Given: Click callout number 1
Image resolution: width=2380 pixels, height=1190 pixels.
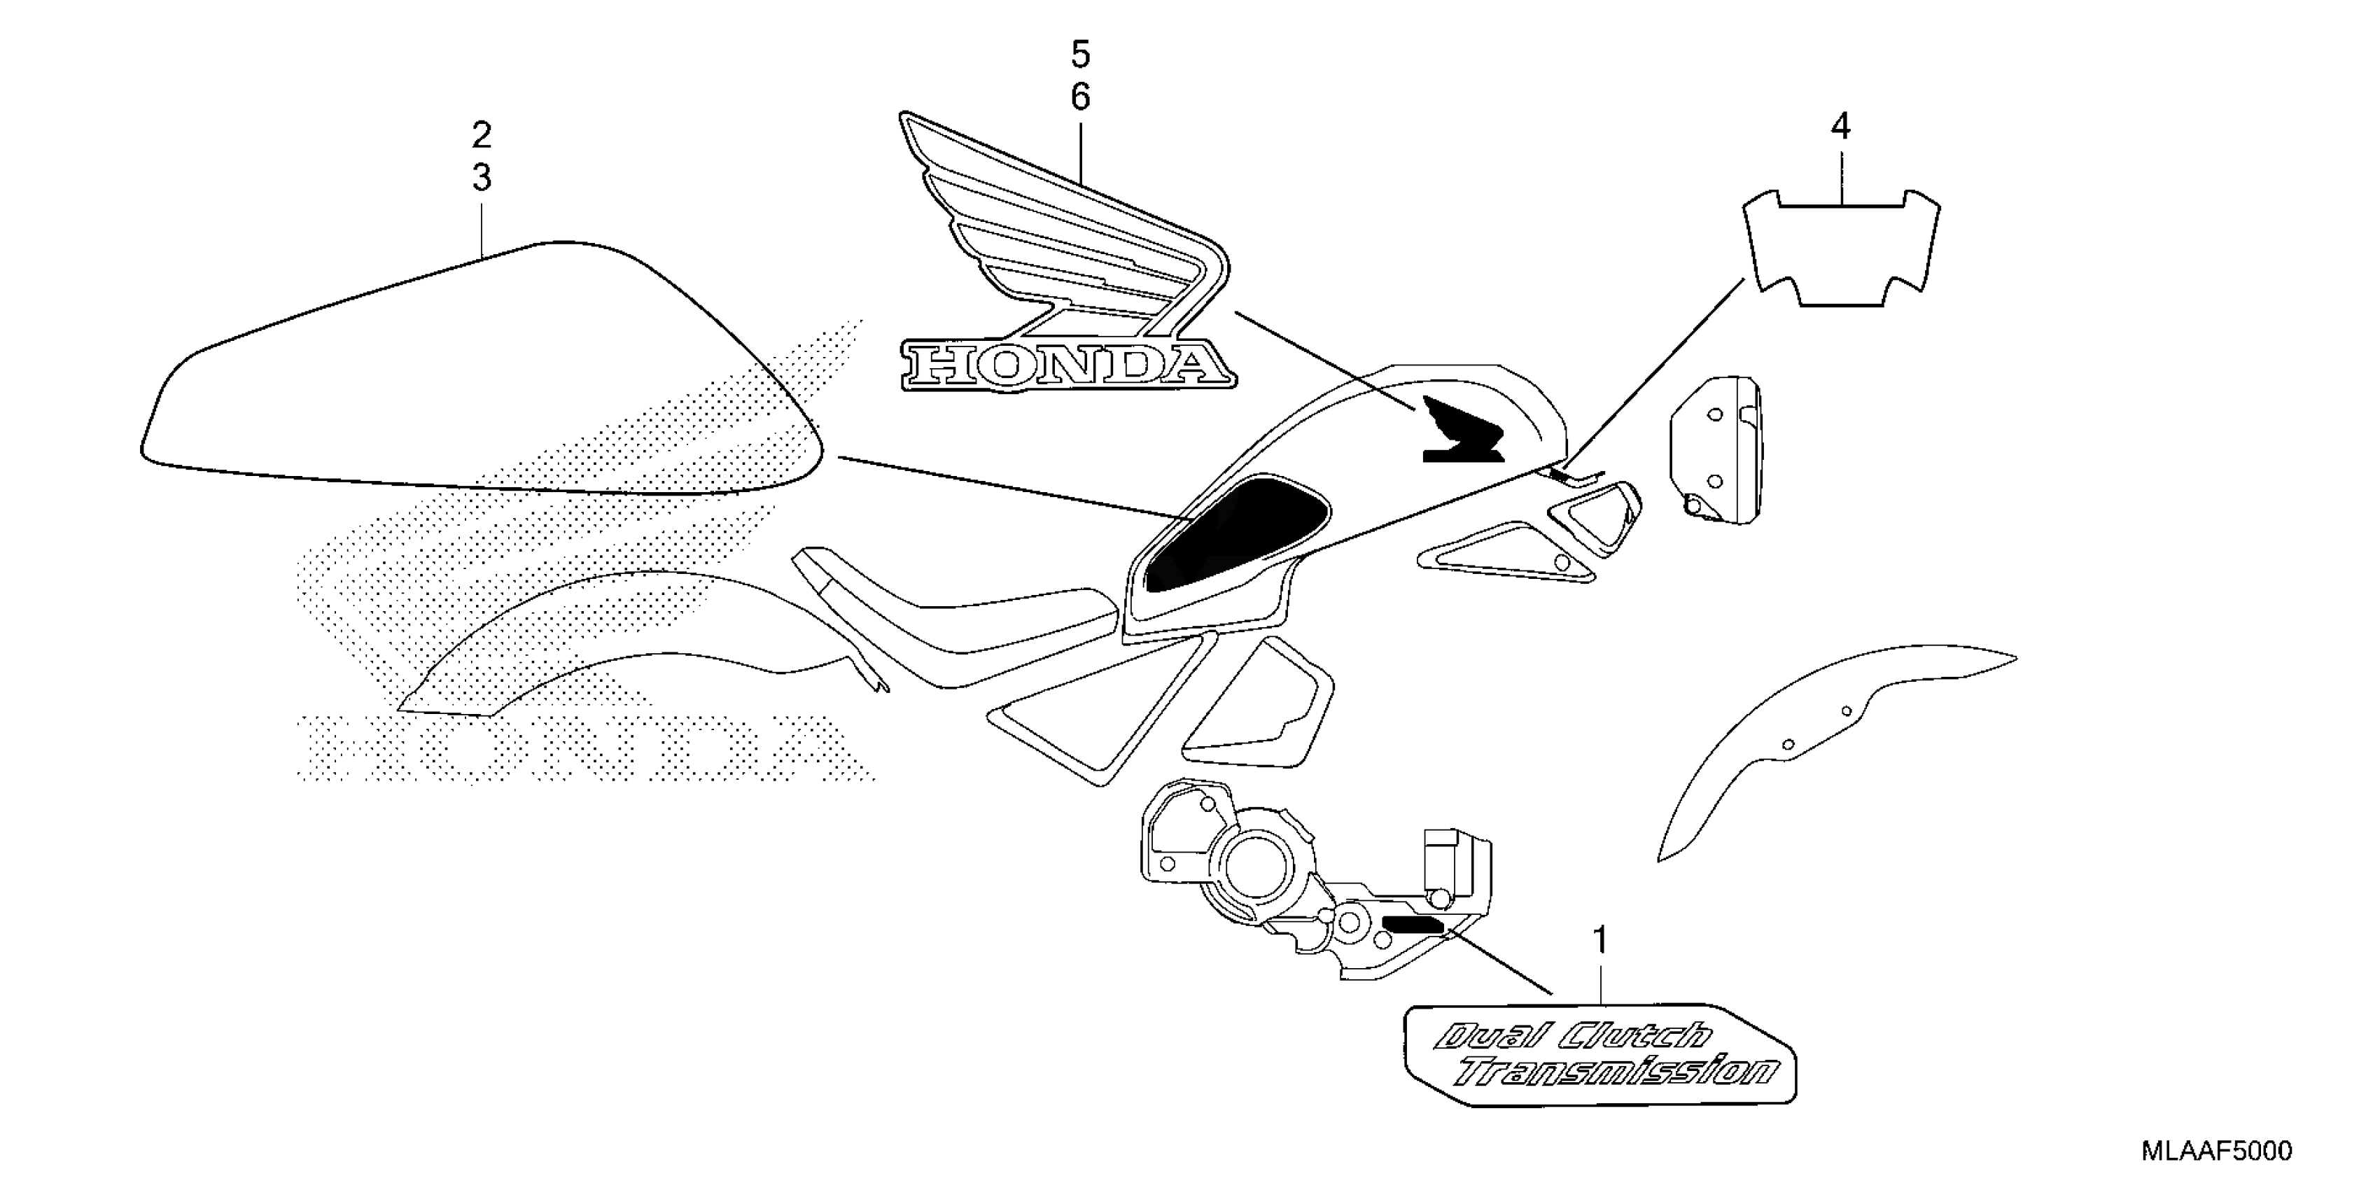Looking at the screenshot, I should pyautogui.click(x=1600, y=941).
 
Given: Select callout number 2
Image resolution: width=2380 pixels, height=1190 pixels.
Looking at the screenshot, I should pyautogui.click(x=482, y=136).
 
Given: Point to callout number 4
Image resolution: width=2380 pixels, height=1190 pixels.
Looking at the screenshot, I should pyautogui.click(x=1840, y=127).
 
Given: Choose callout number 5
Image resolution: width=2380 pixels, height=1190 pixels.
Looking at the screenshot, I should pyautogui.click(x=1081, y=55).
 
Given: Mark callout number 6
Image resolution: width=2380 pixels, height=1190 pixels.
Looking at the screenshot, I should pyautogui.click(x=1081, y=97).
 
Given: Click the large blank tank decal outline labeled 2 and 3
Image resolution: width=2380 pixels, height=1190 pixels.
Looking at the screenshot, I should pyautogui.click(x=480, y=379).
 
